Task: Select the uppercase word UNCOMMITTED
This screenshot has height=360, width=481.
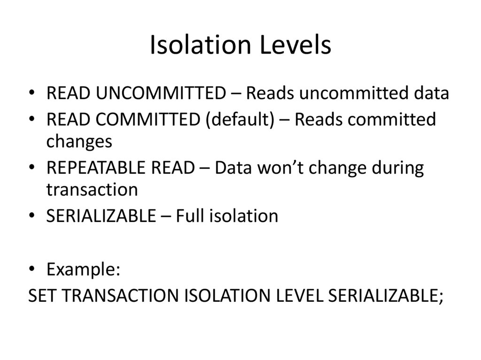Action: [161, 93]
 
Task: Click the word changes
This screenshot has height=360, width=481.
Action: [79, 141]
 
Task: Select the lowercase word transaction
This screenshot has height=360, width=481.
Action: [92, 190]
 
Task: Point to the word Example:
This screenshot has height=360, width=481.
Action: [84, 269]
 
